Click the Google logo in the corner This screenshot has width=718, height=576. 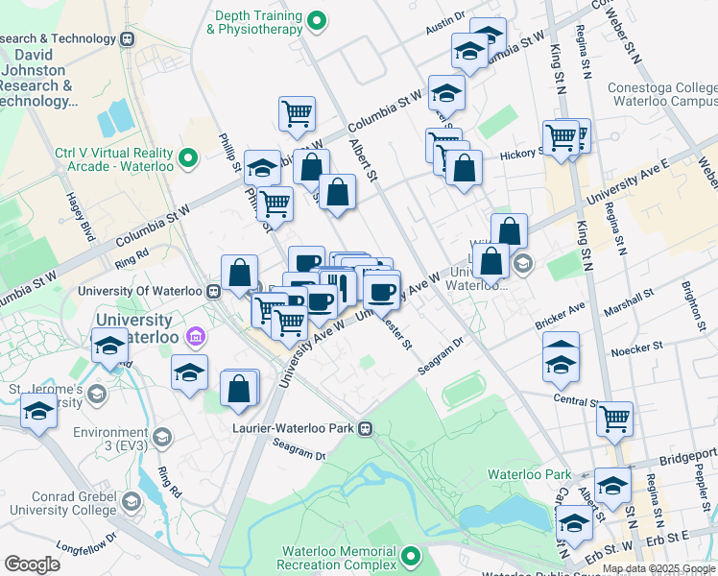click(32, 564)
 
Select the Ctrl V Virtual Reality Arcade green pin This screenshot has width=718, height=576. click(188, 156)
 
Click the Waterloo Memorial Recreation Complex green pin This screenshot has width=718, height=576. click(412, 556)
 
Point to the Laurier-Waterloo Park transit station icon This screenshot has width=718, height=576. click(365, 429)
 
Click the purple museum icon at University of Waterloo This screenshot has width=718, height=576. click(196, 336)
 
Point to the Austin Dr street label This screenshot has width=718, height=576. click(445, 27)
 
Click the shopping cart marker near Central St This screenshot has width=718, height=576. click(614, 418)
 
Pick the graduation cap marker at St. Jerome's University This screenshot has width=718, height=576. click(38, 411)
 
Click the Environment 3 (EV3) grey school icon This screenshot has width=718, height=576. click(161, 439)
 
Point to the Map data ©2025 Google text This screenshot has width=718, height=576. click(658, 568)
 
